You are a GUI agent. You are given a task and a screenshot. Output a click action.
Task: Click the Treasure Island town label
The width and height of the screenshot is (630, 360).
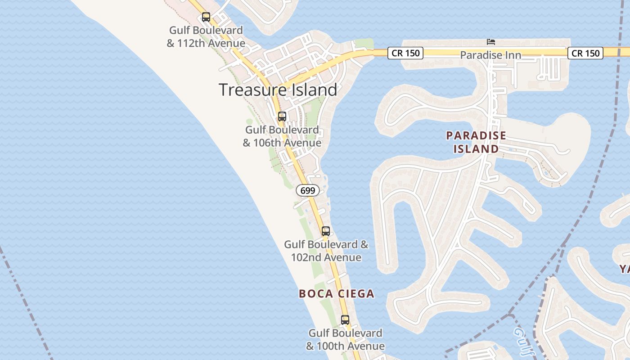[278, 90]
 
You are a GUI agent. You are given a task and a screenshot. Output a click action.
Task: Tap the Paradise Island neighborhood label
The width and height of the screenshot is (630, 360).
[476, 142]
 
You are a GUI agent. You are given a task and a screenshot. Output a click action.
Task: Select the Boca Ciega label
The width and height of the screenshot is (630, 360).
[337, 294]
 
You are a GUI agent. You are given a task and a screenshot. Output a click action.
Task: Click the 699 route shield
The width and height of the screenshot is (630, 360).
[308, 190]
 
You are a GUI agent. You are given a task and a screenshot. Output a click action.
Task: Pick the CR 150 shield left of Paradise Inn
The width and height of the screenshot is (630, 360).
[405, 53]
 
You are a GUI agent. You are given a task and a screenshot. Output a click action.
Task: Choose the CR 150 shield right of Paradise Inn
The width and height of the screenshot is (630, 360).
[585, 53]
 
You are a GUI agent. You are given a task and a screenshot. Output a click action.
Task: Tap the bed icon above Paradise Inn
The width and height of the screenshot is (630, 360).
[491, 42]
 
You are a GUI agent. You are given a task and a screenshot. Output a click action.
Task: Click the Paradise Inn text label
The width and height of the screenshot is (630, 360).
[490, 55]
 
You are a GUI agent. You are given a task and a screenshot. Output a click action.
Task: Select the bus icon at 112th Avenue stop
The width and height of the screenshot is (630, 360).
[206, 17]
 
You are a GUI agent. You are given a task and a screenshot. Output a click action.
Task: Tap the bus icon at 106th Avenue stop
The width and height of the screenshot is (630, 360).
[282, 117]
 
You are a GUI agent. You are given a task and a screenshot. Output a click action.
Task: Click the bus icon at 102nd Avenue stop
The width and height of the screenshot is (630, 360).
[326, 231]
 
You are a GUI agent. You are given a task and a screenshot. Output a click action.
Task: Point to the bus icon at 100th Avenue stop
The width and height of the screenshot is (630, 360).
[345, 320]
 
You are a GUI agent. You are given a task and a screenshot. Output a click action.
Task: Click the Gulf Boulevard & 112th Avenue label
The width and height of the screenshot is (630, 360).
[206, 37]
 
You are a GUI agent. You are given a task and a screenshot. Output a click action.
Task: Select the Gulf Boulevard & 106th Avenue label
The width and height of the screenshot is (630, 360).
[282, 136]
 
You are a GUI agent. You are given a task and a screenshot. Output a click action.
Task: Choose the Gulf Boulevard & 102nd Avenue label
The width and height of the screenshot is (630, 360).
[326, 251]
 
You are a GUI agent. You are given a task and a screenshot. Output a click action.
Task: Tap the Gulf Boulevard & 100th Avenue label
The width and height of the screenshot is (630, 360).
[346, 340]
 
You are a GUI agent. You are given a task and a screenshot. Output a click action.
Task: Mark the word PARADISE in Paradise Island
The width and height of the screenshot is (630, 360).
[476, 135]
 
